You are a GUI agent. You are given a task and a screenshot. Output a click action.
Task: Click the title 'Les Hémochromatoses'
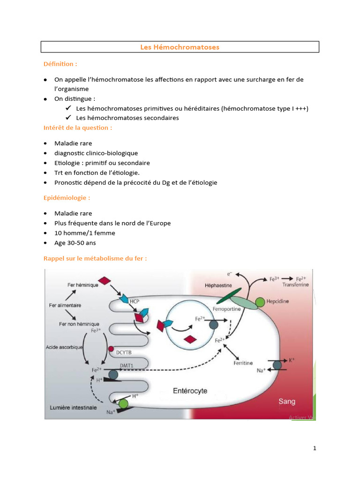(180, 47)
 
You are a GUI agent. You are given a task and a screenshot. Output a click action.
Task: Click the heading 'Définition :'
(60, 64)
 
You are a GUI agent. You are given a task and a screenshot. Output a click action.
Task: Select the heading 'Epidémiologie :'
(67, 198)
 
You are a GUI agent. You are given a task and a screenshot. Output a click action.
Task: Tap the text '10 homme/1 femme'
(84, 233)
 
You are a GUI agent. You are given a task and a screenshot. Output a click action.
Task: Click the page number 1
(315, 448)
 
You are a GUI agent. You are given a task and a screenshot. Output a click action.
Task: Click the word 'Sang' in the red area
(287, 402)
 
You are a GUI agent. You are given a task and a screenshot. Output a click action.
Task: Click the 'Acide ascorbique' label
(64, 347)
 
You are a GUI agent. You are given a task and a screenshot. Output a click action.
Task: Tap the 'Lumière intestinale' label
(73, 407)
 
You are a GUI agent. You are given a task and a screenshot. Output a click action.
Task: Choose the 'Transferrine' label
(296, 284)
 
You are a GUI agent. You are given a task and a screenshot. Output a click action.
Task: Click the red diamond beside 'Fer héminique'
(105, 281)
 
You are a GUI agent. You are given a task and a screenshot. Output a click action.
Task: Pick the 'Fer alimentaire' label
(65, 305)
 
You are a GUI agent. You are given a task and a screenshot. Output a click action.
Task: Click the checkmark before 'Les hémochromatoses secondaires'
(68, 118)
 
